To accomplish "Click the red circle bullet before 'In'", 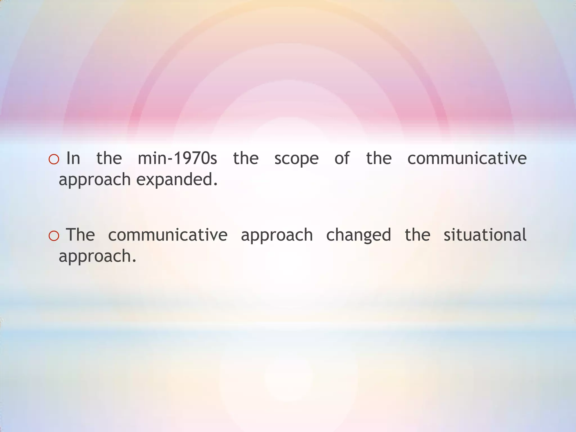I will pyautogui.click(x=54, y=160).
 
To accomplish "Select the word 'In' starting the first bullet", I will pyautogui.click(x=73, y=158).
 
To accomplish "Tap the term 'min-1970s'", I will pyautogui.click(x=177, y=158).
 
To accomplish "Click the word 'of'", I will pyautogui.click(x=342, y=158).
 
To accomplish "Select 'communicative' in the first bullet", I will pyautogui.click(x=467, y=158).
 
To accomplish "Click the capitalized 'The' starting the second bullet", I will pyautogui.click(x=80, y=235).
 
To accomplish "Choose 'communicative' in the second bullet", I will pyautogui.click(x=168, y=235).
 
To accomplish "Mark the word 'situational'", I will pyautogui.click(x=485, y=235).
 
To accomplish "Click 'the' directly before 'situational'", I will pyautogui.click(x=417, y=235).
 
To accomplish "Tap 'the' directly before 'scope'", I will pyautogui.click(x=246, y=158).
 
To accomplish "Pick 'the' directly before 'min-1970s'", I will pyautogui.click(x=109, y=158).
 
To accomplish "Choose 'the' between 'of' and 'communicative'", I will pyautogui.click(x=379, y=158).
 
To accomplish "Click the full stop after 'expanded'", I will pyautogui.click(x=215, y=184).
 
